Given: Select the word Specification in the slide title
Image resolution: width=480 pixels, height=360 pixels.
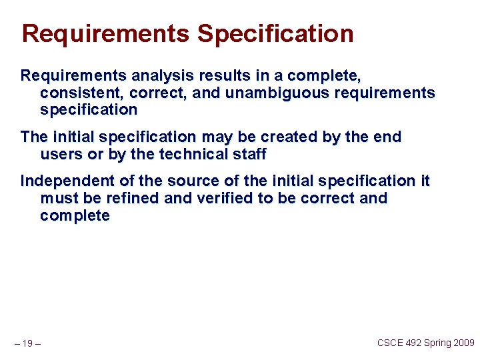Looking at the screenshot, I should point(275,33).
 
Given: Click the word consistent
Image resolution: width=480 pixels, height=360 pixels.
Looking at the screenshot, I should point(83,93).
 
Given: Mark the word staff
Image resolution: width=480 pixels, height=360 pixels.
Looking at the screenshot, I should point(249,155).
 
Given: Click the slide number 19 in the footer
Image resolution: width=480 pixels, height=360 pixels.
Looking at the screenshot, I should point(28,344).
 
